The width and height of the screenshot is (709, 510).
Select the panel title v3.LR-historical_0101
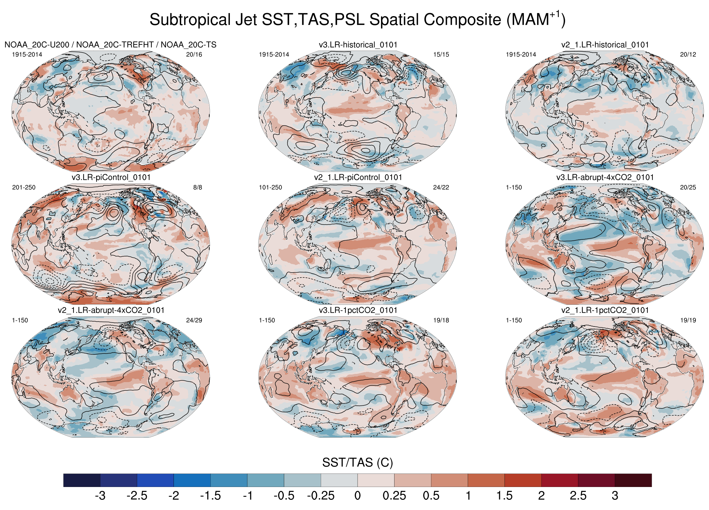pos(358,45)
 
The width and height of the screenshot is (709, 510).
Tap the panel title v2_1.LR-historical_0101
pos(605,45)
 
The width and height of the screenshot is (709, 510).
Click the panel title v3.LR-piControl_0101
pos(111,178)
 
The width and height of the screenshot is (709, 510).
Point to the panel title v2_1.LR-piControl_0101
pos(358,178)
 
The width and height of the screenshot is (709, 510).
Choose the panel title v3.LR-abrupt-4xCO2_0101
pos(605,178)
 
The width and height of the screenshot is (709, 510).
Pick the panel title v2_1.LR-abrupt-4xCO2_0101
pos(111,310)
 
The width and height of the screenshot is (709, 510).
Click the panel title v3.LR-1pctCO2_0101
pos(358,310)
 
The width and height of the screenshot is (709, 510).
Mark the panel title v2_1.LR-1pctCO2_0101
pos(605,310)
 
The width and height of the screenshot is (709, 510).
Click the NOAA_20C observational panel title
pos(110,45)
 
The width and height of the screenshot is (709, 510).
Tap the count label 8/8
pos(198,187)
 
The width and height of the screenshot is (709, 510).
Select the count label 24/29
pos(194,320)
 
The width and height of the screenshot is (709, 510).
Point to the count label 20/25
pos(688,187)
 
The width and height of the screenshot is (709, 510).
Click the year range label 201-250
pos(24,187)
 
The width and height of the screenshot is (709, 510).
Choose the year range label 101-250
pos(270,187)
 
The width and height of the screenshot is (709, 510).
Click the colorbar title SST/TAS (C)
pos(357,463)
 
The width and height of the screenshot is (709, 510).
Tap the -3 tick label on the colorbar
pos(100,496)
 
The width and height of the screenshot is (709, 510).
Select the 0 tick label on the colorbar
pos(358,496)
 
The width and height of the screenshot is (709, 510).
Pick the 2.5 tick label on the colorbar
pos(578,496)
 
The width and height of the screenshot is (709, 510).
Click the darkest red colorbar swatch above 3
pos(633,480)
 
